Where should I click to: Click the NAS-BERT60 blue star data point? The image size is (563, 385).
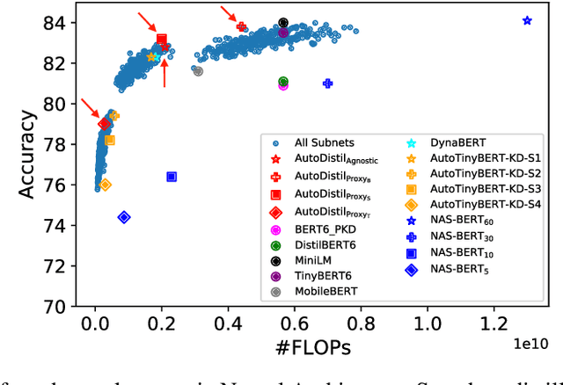527,20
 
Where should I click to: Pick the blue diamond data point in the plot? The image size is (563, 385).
124,217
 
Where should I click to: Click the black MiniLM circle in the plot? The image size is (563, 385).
283,23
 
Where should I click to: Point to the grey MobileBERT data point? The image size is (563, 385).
198,71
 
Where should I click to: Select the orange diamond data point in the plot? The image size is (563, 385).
106,185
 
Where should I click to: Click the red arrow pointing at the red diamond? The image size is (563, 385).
91,109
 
